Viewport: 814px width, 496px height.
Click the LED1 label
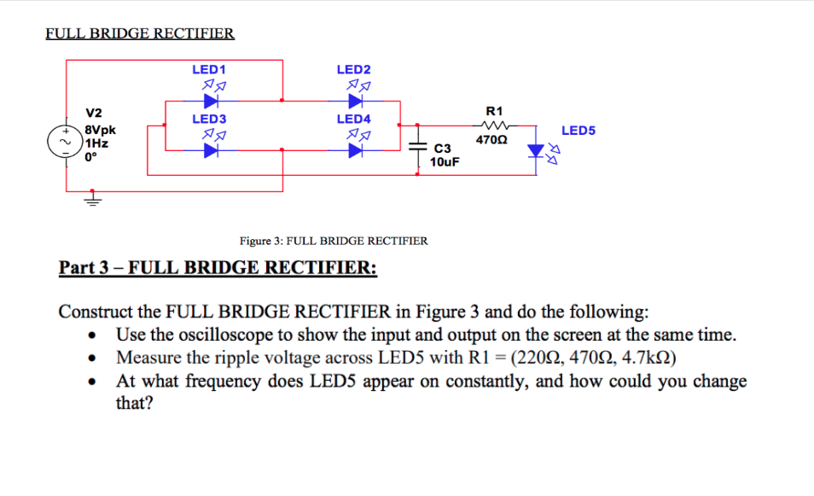208,69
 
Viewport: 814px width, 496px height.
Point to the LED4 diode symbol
354,149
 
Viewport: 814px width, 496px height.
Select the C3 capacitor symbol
417,149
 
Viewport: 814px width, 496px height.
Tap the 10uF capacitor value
445,161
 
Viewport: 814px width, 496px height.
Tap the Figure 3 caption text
334,241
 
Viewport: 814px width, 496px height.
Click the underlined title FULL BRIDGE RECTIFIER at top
140,34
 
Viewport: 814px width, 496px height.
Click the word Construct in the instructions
97,310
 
